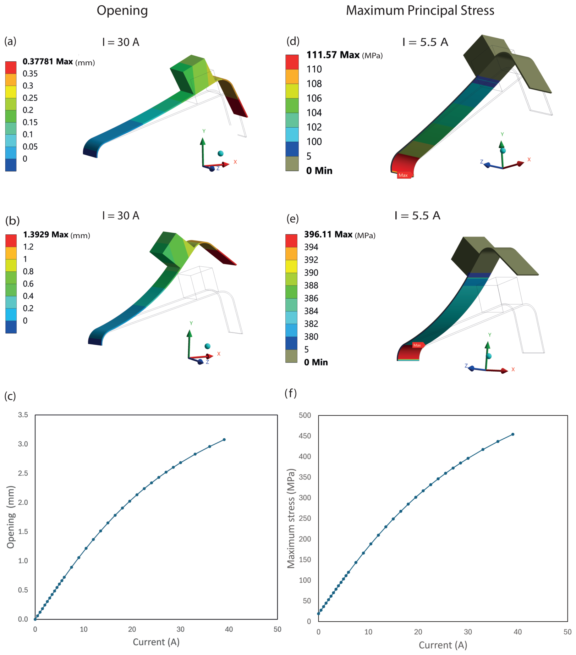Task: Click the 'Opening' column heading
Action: pos(122,11)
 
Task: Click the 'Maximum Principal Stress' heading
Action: pos(420,11)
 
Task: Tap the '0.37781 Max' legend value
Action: pos(48,62)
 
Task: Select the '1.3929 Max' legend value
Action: pos(45,234)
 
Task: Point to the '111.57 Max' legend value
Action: pos(333,55)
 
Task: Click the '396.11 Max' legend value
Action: pos(328,234)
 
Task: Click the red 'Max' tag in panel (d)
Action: pos(404,175)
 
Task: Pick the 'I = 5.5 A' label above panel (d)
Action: pos(425,42)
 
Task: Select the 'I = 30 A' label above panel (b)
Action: pos(121,216)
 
